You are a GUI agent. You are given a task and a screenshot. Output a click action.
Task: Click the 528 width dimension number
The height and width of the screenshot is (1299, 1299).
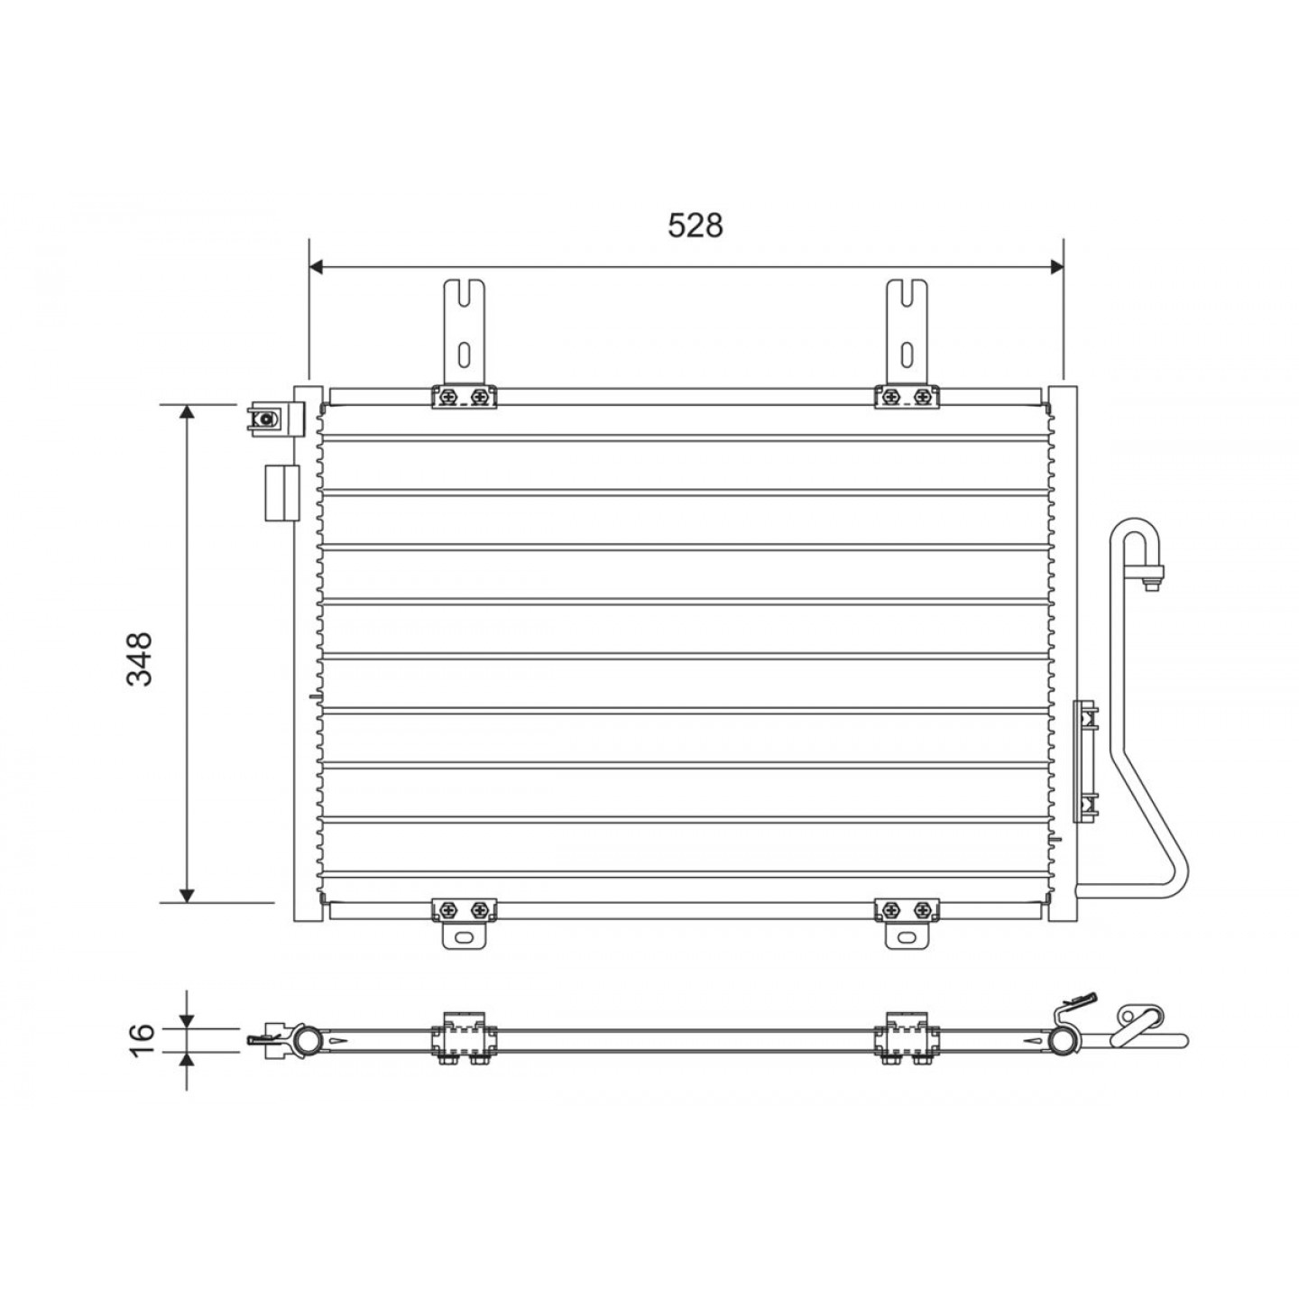pos(695,226)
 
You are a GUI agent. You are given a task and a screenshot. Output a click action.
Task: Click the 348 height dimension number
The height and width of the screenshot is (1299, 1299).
pos(140,659)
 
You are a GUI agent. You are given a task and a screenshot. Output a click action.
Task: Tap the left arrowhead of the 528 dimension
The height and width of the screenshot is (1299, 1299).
pos(317,267)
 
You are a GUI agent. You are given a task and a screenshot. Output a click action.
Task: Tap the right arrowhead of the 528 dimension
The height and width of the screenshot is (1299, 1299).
pos(1055,267)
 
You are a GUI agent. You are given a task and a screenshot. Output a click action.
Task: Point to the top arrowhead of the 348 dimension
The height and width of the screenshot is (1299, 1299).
pos(188,412)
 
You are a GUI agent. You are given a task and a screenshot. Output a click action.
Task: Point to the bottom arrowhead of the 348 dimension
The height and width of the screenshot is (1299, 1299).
pos(188,894)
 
